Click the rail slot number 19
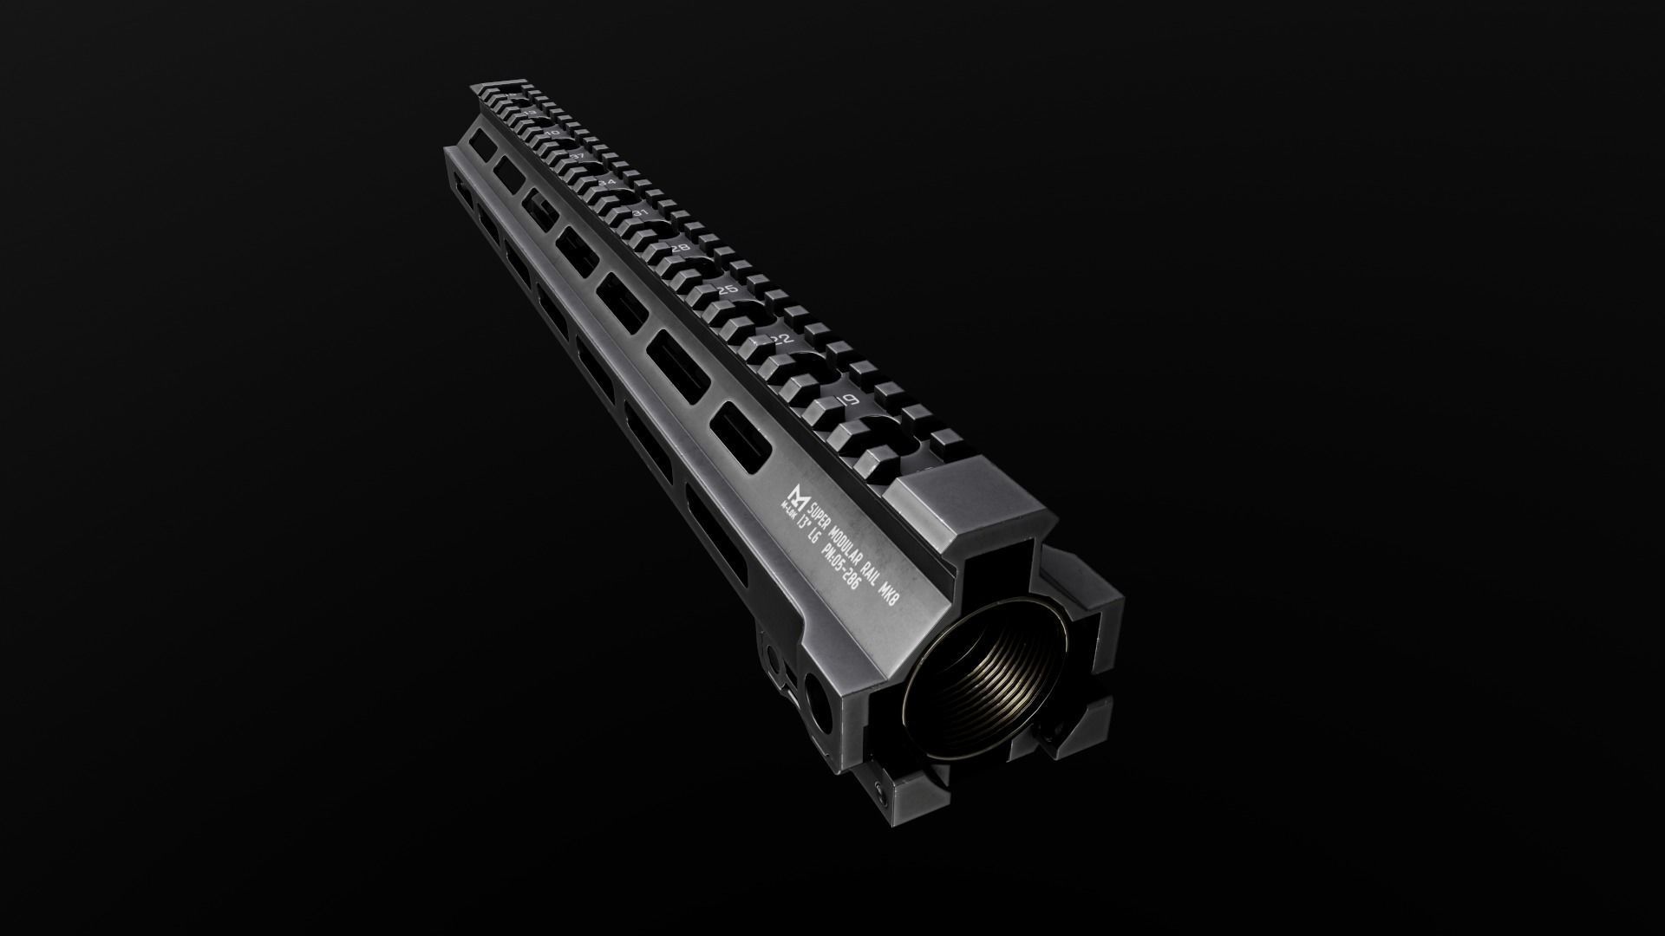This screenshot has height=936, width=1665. point(848,400)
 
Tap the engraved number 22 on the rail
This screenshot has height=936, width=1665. point(783,339)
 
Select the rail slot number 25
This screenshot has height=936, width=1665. point(728,289)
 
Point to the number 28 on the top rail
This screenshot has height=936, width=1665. point(681,248)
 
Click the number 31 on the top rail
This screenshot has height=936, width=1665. point(641,212)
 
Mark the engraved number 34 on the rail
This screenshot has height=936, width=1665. point(607,182)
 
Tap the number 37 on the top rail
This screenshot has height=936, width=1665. point(576,155)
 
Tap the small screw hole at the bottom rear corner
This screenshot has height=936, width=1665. point(882,790)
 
